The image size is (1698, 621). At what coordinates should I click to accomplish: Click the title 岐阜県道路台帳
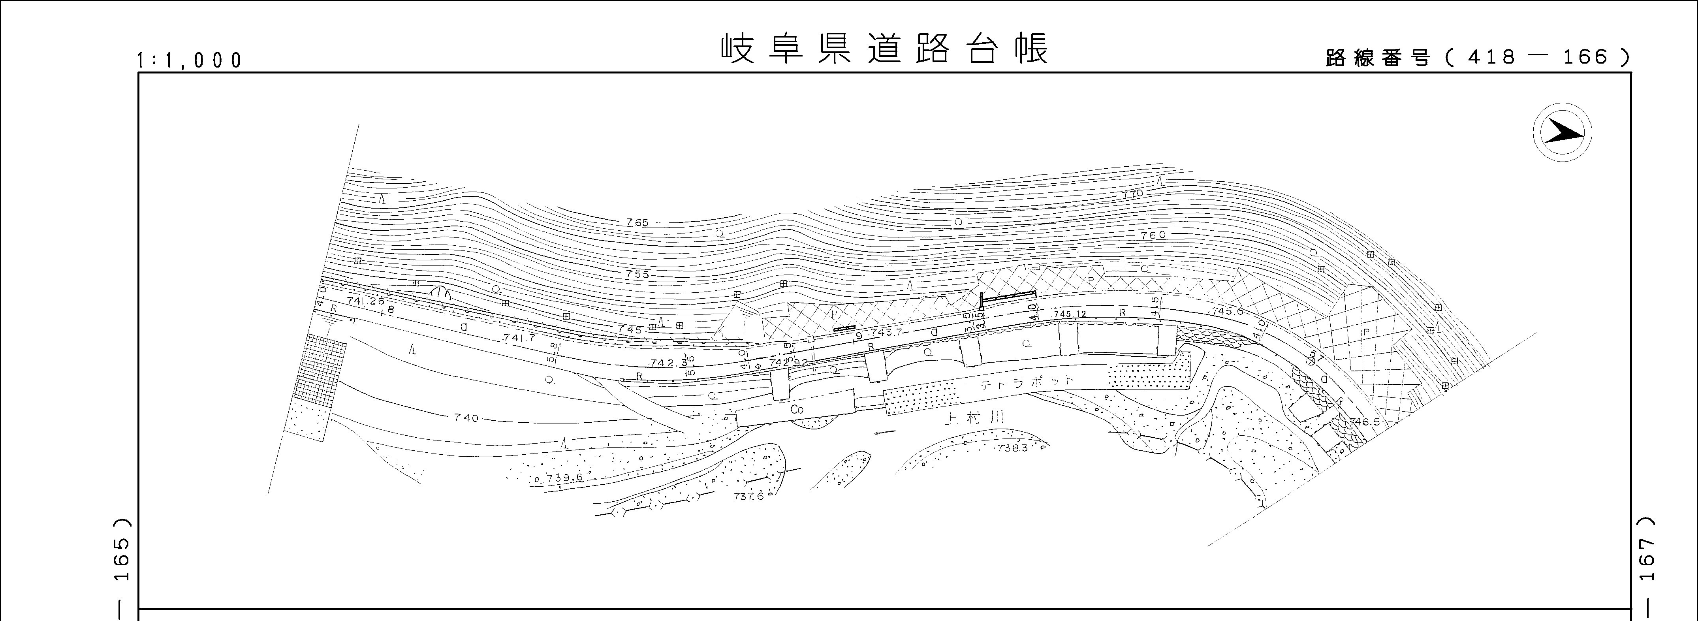pyautogui.click(x=883, y=49)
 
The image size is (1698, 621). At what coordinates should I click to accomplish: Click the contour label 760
pyautogui.click(x=1152, y=235)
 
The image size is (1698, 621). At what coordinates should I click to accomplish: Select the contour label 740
pyautogui.click(x=466, y=418)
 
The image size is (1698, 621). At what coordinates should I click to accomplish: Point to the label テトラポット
pyautogui.click(x=1027, y=383)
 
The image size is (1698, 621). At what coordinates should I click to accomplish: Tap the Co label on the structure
pyautogui.click(x=797, y=409)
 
